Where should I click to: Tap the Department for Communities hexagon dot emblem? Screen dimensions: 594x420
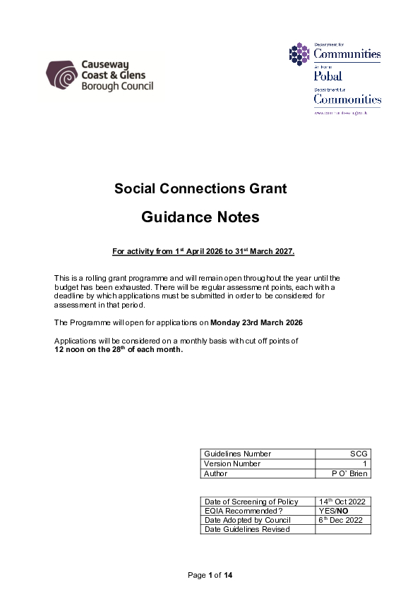(x=299, y=53)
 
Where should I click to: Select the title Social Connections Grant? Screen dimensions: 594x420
(x=200, y=188)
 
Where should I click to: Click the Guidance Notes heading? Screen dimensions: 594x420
(x=200, y=217)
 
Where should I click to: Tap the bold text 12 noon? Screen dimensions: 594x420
(x=73, y=349)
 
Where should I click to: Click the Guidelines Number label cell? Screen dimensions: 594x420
(x=237, y=454)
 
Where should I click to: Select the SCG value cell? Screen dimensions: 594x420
(x=359, y=454)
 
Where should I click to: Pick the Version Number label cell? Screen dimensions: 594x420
(x=232, y=463)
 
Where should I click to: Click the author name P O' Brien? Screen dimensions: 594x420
(x=350, y=473)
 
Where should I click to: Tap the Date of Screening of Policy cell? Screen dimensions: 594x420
(x=251, y=502)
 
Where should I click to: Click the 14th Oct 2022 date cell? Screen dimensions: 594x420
(x=341, y=502)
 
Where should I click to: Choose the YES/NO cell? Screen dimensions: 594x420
(x=332, y=511)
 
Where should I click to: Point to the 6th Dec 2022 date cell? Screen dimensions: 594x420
(x=341, y=520)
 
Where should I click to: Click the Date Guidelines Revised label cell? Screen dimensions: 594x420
(x=247, y=529)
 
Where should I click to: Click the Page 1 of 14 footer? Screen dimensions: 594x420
(x=210, y=576)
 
